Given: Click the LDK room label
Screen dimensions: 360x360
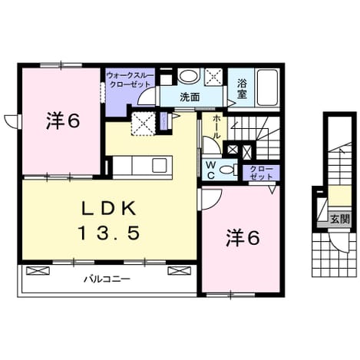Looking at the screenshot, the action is point(108,210).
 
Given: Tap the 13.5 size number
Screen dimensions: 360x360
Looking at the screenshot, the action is point(110,233).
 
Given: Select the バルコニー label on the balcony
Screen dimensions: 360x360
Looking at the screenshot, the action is point(107,279).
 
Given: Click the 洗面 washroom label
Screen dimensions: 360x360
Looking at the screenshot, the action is point(190,97).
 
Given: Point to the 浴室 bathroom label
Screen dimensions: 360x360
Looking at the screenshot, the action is point(242,89).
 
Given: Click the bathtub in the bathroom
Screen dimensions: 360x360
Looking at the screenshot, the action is point(267,88).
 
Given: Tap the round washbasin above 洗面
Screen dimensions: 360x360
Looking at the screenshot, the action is point(188,76).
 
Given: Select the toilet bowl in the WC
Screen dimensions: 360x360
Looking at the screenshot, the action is point(226,169).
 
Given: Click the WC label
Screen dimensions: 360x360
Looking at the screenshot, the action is point(211,170).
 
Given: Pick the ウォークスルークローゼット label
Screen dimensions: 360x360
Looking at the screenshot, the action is point(130,80).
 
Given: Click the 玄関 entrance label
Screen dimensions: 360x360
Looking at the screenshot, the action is point(340,220).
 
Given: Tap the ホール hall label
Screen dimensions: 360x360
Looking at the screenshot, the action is point(216,127).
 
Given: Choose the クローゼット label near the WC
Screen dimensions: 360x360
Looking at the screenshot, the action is point(261,173).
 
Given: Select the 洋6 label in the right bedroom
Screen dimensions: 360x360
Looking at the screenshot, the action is point(243,238).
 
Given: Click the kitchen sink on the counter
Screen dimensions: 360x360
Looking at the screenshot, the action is point(160,165).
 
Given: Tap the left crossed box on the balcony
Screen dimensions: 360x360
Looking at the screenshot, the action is point(38,270).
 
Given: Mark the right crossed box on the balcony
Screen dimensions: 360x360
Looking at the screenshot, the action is point(179,270).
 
